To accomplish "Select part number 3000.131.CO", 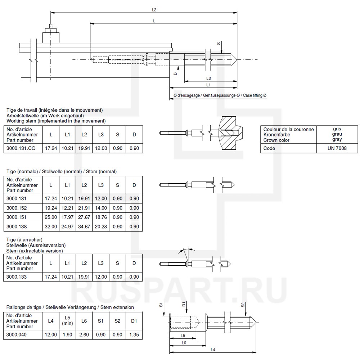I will pyautogui.click(x=22, y=148).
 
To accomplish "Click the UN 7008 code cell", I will pyautogui.click(x=337, y=148).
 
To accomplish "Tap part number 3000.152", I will pyautogui.click(x=17, y=208).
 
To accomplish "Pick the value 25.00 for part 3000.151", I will pyautogui.click(x=51, y=217).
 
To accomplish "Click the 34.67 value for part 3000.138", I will pyautogui.click(x=84, y=226).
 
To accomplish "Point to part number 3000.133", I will pyautogui.click(x=17, y=277).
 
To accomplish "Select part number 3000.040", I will pyautogui.click(x=17, y=334).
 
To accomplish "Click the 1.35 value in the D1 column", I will pyautogui.click(x=134, y=334).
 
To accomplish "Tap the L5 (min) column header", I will pyautogui.click(x=67, y=320).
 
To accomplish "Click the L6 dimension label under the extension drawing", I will pyautogui.click(x=184, y=343).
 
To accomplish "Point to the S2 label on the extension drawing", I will pyautogui.click(x=243, y=305).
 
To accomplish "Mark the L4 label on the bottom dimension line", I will pyautogui.click(x=213, y=350).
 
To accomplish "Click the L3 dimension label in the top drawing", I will pyautogui.click(x=208, y=78).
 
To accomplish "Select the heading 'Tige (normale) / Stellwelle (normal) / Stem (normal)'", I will pyautogui.click(x=62, y=172).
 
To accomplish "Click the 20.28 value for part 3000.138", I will pyautogui.click(x=100, y=226).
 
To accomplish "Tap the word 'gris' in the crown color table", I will pyautogui.click(x=337, y=129).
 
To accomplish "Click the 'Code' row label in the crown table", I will pyautogui.click(x=269, y=148).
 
